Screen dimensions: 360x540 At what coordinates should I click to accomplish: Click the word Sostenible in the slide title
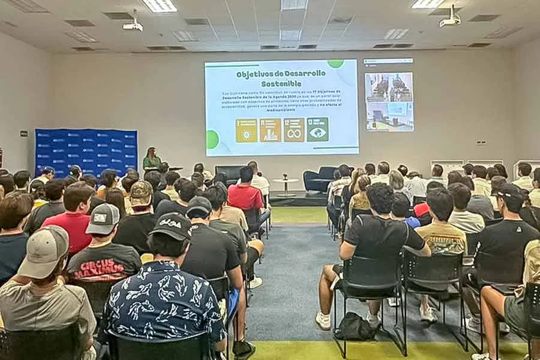point(281,83)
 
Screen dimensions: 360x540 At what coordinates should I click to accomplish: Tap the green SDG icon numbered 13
point(317,130)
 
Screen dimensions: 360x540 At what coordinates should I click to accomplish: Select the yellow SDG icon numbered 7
point(246,130)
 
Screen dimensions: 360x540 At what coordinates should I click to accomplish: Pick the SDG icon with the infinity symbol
point(293,130)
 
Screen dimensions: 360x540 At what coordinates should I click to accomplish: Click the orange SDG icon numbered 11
point(270,130)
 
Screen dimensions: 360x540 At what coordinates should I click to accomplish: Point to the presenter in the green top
point(151,158)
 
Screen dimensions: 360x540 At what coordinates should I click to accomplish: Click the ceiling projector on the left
point(133,25)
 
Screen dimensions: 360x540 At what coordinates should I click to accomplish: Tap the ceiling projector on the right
point(450,19)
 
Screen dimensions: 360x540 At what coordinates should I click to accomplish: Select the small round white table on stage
point(286,182)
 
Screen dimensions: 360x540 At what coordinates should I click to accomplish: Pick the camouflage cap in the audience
point(141,192)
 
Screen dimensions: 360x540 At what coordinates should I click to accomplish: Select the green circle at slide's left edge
point(212,140)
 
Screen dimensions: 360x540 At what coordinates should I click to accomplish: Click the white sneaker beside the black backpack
point(323,320)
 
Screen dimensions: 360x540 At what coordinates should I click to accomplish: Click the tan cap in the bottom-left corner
point(44,251)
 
